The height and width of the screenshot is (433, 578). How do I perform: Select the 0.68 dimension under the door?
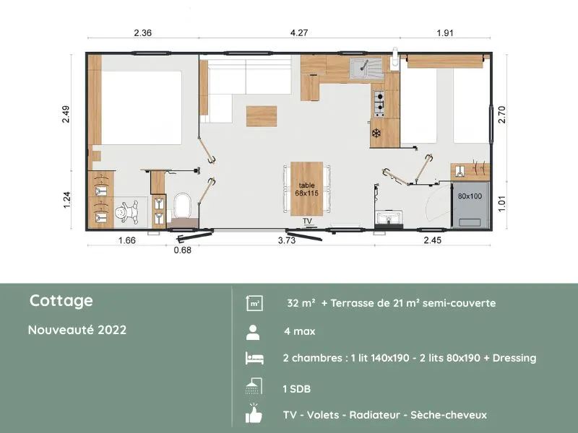tap(183, 250)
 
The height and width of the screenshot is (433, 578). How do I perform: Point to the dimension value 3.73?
tap(287, 241)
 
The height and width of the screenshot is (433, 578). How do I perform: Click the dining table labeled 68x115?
tap(309, 189)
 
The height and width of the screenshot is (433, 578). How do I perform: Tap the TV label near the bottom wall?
tap(307, 221)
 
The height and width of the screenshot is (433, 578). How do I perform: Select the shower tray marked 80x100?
tap(469, 203)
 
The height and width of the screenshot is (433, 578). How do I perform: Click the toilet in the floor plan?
tap(183, 207)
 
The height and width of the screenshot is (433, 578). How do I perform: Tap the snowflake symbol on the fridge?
tap(376, 133)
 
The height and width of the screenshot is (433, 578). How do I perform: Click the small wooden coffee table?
tap(261, 115)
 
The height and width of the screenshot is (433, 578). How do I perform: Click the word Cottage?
tap(61, 301)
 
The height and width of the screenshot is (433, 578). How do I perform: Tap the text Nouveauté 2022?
tap(77, 330)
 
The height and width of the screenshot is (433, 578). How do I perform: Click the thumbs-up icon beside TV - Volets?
tap(254, 414)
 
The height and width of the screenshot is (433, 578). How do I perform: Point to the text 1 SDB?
tap(297, 388)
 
